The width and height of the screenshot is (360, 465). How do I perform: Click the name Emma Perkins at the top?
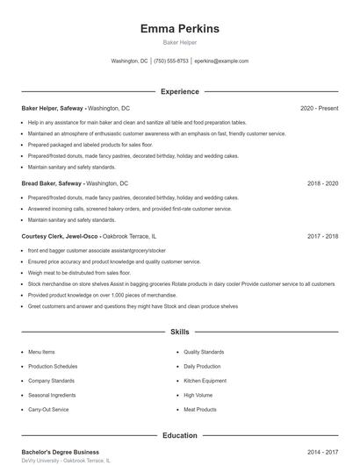pyautogui.click(x=180, y=29)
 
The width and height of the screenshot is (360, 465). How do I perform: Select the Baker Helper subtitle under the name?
pyautogui.click(x=180, y=43)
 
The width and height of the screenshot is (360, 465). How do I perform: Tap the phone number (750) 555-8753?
pyautogui.click(x=171, y=61)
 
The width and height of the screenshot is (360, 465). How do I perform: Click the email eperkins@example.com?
pyautogui.click(x=221, y=61)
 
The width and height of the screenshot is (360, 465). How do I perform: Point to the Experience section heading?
pyautogui.click(x=180, y=91)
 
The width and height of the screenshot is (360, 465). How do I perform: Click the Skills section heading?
pyautogui.click(x=180, y=333)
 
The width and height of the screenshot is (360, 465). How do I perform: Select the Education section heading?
pyautogui.click(x=180, y=435)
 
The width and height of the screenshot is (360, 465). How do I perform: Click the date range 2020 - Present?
pyautogui.click(x=319, y=108)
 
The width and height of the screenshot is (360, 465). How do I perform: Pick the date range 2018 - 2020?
pyautogui.click(x=323, y=183)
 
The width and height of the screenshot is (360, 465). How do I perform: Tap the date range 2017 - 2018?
pyautogui.click(x=323, y=236)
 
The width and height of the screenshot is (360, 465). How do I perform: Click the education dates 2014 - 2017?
pyautogui.click(x=323, y=451)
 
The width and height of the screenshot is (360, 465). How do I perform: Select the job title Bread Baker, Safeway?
pyautogui.click(x=52, y=183)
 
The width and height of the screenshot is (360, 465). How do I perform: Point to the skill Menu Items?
pyautogui.click(x=41, y=351)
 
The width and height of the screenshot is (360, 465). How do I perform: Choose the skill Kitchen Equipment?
pyautogui.click(x=205, y=381)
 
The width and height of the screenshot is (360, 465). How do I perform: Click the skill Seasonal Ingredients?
pyautogui.click(x=52, y=395)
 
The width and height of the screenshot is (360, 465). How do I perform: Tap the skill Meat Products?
pyautogui.click(x=199, y=410)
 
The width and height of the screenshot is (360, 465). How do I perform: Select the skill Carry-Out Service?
pyautogui.click(x=48, y=410)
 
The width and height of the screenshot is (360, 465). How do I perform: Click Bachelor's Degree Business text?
pyautogui.click(x=60, y=451)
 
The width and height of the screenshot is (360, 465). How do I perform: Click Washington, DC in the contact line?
pyautogui.click(x=129, y=61)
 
